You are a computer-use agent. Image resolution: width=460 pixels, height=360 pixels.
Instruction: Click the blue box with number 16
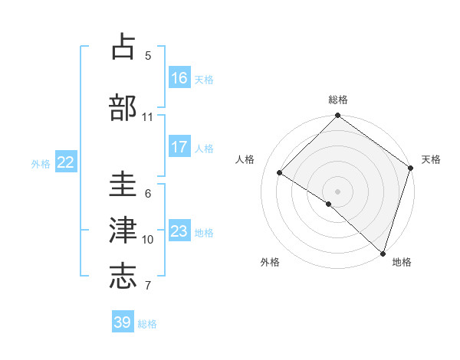[179, 78]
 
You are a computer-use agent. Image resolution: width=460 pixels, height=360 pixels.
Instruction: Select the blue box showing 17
[179, 147]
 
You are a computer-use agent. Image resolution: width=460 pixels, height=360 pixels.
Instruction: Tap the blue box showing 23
[179, 231]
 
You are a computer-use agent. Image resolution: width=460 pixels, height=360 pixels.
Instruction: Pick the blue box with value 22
[66, 162]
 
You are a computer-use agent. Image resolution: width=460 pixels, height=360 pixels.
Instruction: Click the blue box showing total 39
[123, 322]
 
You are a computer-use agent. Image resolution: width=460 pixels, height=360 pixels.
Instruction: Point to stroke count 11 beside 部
[148, 117]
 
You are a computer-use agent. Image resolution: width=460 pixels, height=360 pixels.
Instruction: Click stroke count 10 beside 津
[148, 240]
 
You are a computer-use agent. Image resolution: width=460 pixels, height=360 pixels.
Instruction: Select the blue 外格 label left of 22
[41, 163]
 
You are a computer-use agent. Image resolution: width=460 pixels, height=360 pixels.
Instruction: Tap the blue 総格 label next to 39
[147, 323]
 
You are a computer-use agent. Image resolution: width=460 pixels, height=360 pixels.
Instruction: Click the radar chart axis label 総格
[338, 100]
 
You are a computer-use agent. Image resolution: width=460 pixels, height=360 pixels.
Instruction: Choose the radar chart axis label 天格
[431, 159]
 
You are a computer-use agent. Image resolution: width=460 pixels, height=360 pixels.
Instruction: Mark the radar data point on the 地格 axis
[383, 253]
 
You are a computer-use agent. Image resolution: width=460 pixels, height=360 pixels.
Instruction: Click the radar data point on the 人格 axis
[280, 173]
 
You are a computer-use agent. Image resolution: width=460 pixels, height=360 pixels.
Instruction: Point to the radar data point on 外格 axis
[329, 204]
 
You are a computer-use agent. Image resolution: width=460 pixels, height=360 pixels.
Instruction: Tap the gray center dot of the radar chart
[337, 191]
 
